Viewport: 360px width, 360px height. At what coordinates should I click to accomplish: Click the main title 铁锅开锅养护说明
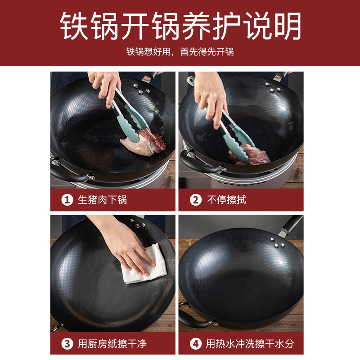180,26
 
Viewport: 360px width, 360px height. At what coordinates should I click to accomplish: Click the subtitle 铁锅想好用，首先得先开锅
180,52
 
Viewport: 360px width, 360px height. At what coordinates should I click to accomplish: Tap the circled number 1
67,200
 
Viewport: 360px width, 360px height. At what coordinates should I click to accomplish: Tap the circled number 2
196,200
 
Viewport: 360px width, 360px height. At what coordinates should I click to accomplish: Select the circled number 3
67,344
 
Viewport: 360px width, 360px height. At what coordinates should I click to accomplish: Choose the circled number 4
196,344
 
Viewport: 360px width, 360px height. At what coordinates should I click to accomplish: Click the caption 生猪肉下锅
103,200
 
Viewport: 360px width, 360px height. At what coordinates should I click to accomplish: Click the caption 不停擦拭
226,200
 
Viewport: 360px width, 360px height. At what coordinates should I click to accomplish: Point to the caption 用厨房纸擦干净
112,344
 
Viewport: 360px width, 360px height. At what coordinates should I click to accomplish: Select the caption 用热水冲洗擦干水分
250,344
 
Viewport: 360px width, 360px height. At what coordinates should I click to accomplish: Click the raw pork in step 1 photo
144,142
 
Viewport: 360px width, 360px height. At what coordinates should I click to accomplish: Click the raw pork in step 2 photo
250,155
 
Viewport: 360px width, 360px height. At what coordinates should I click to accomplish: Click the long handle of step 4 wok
291,225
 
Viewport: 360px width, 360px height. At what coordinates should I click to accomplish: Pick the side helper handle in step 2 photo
200,162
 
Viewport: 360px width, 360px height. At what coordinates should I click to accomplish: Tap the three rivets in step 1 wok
142,90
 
